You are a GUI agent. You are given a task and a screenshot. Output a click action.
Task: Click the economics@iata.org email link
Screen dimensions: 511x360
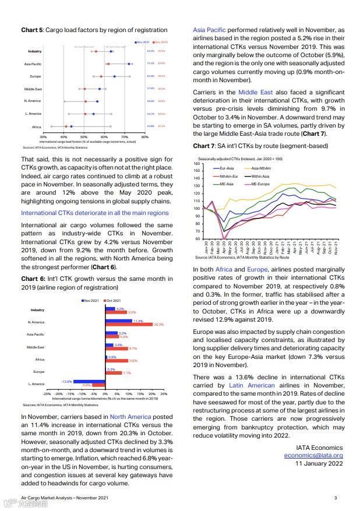(313, 456)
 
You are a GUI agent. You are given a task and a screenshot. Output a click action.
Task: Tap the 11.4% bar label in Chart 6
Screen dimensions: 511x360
(138, 320)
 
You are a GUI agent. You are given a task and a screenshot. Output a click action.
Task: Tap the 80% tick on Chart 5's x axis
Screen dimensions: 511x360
(145, 136)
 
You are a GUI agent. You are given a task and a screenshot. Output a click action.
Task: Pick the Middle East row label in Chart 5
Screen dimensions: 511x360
(33, 89)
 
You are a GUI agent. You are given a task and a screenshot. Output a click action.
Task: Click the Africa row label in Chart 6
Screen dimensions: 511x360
(40, 360)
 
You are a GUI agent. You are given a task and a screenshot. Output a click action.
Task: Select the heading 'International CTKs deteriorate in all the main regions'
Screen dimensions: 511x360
(95, 213)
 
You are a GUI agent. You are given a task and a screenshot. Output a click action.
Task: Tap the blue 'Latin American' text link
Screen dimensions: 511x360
(252, 386)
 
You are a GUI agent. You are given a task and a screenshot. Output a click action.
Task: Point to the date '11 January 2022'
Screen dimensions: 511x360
(319, 464)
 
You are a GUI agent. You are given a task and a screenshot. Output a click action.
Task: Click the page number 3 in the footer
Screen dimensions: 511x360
(336, 497)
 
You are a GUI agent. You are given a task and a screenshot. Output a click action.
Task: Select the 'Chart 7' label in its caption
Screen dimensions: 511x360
(204, 145)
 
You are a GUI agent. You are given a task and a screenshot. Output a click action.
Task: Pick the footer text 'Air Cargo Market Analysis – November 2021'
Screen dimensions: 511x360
(64, 497)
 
